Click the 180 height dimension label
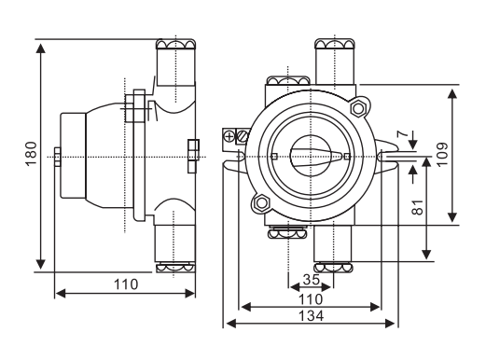coord(32,154)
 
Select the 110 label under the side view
coord(126,284)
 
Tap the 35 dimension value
coord(312,280)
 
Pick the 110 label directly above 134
coord(311,299)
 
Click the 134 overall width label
coord(311,316)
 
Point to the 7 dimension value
coord(403,134)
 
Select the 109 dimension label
coord(442,155)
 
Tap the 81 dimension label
coord(418,207)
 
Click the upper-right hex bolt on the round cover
coord(358,108)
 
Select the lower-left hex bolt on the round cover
coord(262,203)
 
